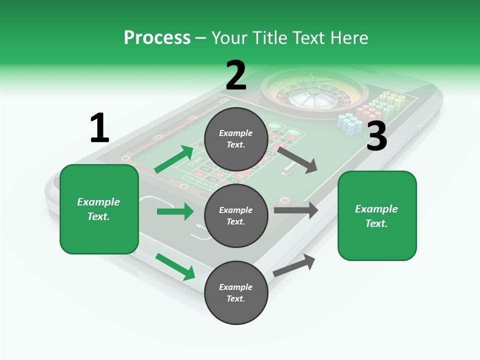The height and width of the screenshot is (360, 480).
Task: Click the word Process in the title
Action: [157, 38]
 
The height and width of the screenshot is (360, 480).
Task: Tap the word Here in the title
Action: [349, 38]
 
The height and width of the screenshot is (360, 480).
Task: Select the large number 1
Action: [100, 127]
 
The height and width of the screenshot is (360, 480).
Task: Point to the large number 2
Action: [236, 75]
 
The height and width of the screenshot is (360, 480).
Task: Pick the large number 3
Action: [377, 136]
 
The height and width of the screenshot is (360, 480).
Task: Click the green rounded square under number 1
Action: [99, 209]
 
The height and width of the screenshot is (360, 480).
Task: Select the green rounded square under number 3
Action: [377, 216]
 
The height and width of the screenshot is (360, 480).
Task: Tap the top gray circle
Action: [236, 139]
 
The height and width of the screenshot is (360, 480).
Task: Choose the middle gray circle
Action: [236, 216]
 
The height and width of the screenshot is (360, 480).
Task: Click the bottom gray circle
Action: [236, 292]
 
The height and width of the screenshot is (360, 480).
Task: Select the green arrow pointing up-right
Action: [174, 159]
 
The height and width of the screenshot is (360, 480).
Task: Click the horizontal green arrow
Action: [175, 211]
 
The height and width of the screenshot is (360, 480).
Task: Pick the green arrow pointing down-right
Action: [175, 267]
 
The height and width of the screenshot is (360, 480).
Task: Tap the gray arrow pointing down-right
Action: [297, 160]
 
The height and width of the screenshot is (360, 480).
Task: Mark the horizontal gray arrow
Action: [296, 210]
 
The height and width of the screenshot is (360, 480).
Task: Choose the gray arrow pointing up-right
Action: [294, 265]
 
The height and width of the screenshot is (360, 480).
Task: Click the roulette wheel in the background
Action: [314, 94]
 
